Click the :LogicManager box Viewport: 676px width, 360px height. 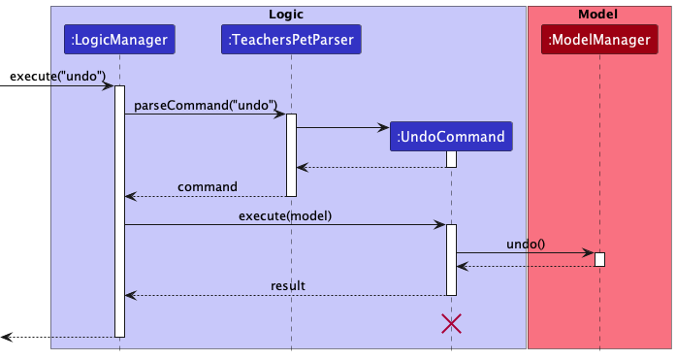[x=120, y=41]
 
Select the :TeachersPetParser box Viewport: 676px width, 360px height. [x=291, y=41]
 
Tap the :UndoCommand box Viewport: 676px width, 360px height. [x=451, y=136]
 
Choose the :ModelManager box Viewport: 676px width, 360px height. [x=599, y=41]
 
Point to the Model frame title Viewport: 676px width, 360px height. [x=598, y=14]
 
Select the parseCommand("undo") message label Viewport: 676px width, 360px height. [x=205, y=105]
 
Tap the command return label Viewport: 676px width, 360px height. [x=207, y=186]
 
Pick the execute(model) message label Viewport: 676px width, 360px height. [x=285, y=215]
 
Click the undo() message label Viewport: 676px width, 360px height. [x=525, y=243]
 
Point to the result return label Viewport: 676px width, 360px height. [x=287, y=285]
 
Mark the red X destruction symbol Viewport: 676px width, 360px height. [x=451, y=324]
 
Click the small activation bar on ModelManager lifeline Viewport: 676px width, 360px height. [x=599, y=259]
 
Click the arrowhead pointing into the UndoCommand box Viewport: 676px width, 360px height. [x=383, y=127]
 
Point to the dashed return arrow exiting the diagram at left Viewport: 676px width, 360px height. [x=58, y=337]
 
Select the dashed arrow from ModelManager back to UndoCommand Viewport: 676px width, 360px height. [x=525, y=265]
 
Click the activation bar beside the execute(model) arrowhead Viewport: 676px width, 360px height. [x=451, y=259]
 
